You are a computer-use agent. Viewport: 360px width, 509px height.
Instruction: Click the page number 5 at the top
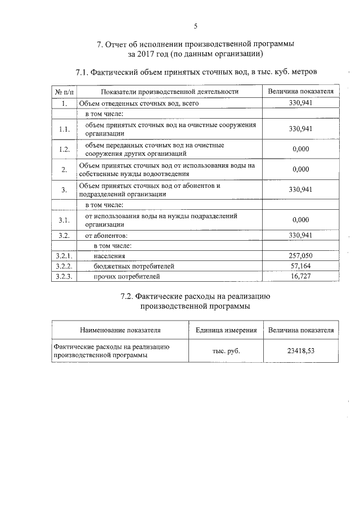(195, 26)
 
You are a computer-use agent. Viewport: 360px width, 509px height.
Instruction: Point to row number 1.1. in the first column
(64, 129)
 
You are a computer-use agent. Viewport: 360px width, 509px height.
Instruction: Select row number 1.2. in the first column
(64, 149)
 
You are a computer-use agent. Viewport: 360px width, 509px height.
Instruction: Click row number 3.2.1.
(64, 256)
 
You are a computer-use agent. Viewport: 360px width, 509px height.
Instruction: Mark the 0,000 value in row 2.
(300, 169)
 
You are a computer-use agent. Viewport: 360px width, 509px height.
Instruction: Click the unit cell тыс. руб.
(226, 351)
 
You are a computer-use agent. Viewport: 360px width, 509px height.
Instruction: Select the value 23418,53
(300, 351)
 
